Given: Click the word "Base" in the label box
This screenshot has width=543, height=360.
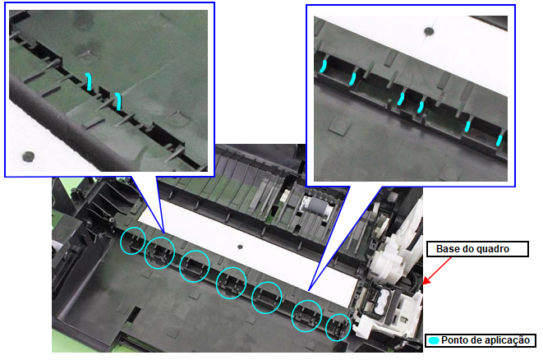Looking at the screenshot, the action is (x=447, y=249).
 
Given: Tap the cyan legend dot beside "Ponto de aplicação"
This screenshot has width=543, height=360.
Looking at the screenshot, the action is (x=433, y=340).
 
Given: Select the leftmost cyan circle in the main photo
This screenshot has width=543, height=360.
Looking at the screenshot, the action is (x=133, y=241).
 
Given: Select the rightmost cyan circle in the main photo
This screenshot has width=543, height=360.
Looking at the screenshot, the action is (x=338, y=327).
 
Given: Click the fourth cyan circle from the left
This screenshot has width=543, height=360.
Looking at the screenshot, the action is (x=231, y=283).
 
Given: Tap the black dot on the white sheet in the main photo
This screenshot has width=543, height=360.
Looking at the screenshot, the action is (x=240, y=247).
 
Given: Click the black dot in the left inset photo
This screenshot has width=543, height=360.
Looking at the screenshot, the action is (x=28, y=157).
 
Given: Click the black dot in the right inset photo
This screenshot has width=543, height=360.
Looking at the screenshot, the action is (x=429, y=31).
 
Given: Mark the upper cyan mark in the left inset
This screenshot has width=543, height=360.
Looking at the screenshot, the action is (x=89, y=81).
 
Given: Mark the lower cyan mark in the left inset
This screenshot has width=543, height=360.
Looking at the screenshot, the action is (x=118, y=102).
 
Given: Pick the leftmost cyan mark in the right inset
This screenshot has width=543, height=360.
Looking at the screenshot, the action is (x=323, y=67).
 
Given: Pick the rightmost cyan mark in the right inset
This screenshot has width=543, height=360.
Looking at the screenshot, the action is (x=499, y=141).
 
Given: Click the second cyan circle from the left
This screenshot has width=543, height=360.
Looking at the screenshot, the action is (x=159, y=253).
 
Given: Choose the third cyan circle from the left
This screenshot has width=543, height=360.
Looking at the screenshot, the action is (x=195, y=266).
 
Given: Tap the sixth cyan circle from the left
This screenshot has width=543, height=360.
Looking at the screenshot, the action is (x=306, y=316).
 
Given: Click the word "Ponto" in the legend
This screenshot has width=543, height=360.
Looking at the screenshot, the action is (x=453, y=340).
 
